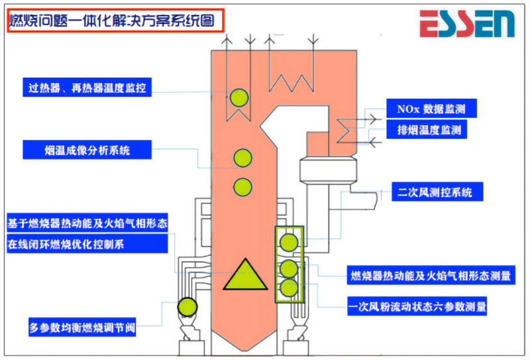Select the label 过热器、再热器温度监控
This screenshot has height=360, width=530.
(87, 86)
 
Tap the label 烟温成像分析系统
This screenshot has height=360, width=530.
(87, 150)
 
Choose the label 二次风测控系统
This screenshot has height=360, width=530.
(436, 193)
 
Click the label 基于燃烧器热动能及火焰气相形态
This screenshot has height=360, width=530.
(87, 223)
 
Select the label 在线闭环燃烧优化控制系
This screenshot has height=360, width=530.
(87, 243)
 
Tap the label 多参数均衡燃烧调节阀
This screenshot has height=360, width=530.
(82, 328)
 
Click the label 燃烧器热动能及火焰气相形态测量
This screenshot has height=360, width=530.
(431, 275)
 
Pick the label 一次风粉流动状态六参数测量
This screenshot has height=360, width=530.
(417, 307)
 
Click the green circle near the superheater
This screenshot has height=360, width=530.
(238, 98)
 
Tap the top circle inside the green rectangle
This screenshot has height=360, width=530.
(289, 242)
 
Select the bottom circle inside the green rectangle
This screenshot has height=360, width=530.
(289, 288)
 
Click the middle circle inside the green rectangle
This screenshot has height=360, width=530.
(289, 268)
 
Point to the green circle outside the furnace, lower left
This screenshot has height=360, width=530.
(187, 306)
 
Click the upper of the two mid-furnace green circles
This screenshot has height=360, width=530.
(243, 158)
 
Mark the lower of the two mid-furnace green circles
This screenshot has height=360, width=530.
(243, 186)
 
